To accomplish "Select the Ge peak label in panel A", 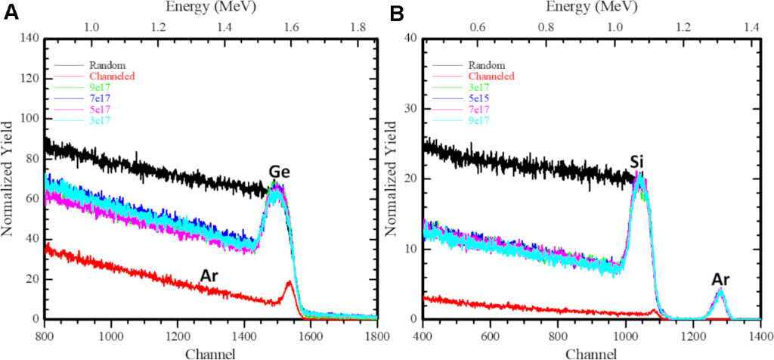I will [280, 173].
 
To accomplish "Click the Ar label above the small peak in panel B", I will [720, 280].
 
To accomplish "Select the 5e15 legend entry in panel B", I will [481, 98].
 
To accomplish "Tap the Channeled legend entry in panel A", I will [111, 76].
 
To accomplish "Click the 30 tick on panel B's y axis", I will [411, 108].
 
